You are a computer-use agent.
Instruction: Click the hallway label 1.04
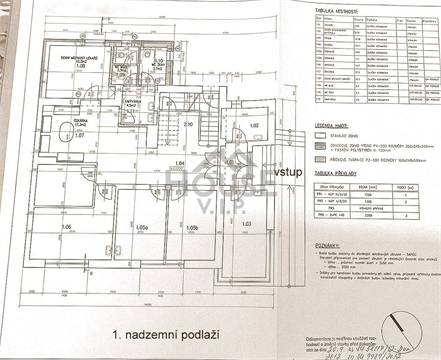coord(181,162)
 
